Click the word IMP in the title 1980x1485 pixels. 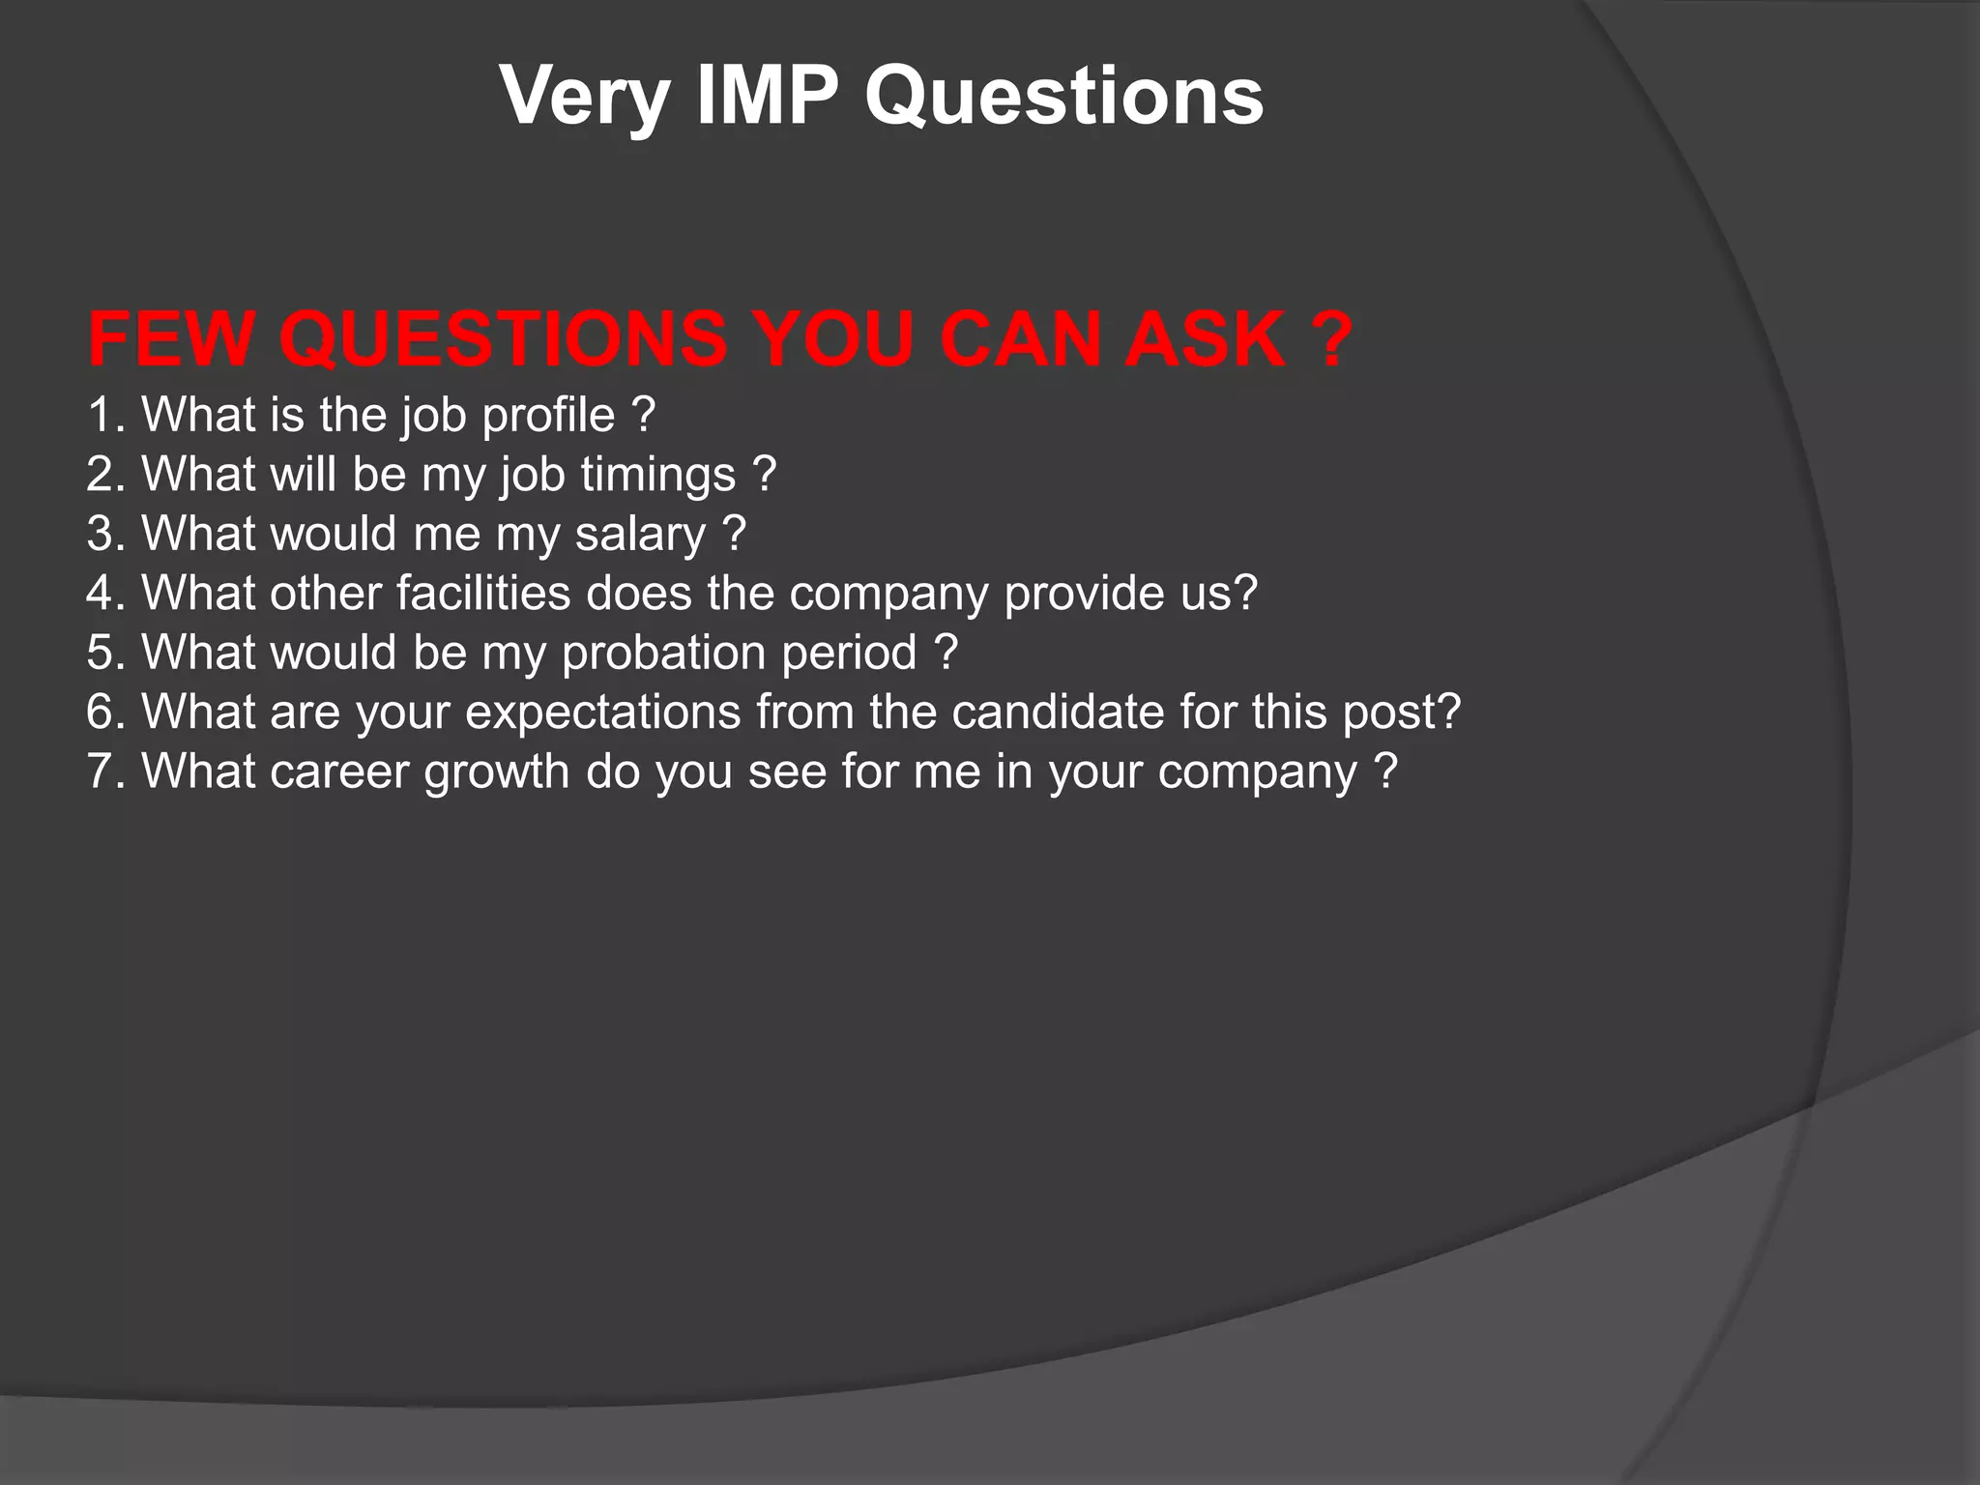coord(767,96)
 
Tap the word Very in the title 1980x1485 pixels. coord(585,98)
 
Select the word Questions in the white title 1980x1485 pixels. coord(1063,98)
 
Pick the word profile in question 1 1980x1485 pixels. coord(548,417)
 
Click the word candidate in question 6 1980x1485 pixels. coord(1058,713)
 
